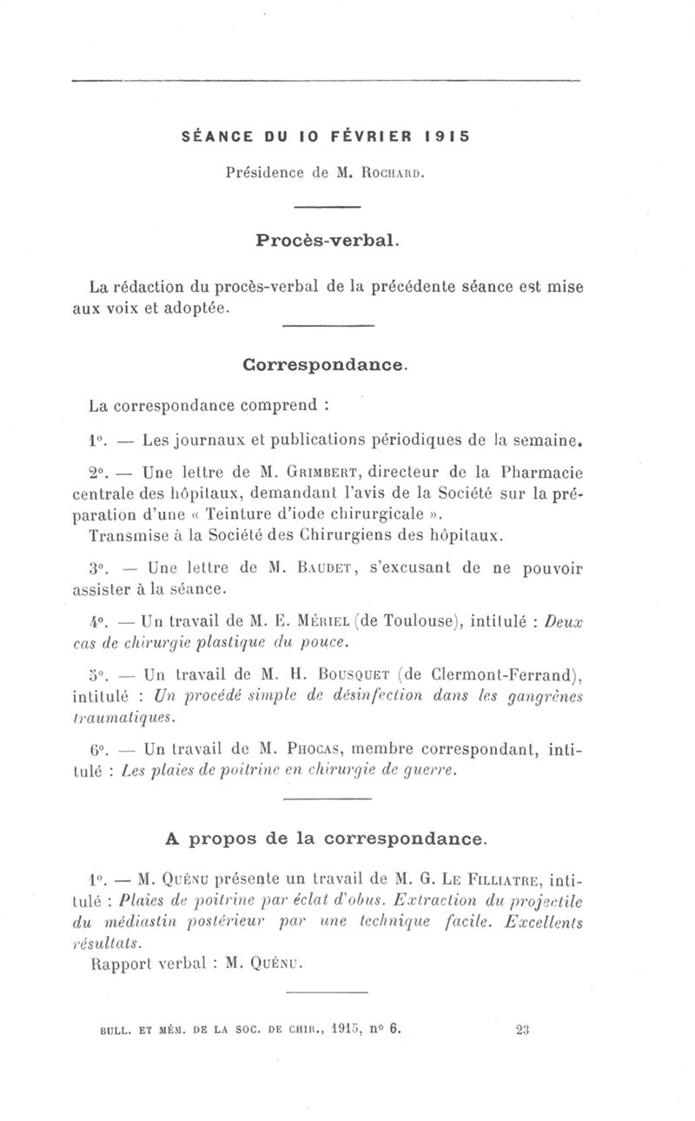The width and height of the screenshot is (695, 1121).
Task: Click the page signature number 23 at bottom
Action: coord(523,1026)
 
